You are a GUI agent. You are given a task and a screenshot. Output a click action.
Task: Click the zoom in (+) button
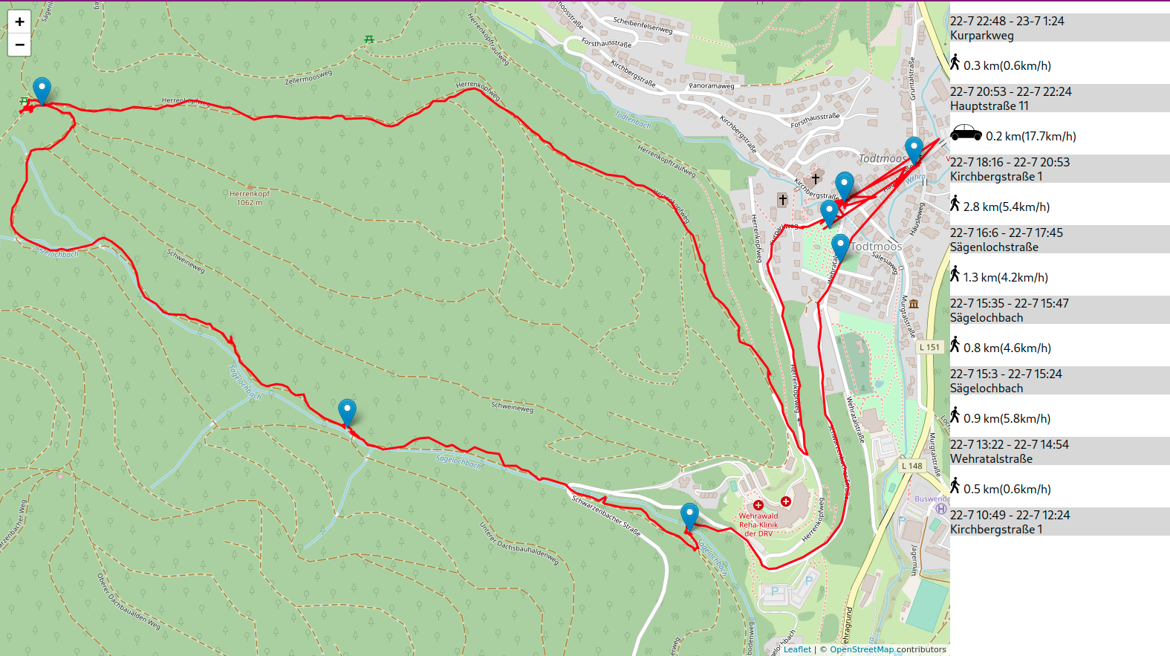coord(19,22)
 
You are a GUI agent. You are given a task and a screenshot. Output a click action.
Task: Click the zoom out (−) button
coord(19,45)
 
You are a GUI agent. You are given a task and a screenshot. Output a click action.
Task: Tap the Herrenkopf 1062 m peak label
coord(249,198)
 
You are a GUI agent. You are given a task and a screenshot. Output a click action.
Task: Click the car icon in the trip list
coord(966,133)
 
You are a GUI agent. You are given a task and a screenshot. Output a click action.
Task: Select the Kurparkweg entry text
coord(981,36)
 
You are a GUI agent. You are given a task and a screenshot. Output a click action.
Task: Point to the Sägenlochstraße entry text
coord(994,247)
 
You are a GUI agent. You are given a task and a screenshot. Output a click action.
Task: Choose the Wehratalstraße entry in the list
coord(991,459)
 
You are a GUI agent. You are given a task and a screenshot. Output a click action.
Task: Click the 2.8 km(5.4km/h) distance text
coord(1006,207)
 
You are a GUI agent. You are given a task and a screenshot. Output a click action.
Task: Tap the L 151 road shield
coord(929,347)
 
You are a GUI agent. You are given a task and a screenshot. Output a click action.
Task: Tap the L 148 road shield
coord(911,466)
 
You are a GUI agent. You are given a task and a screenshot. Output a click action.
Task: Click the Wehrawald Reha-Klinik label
coord(758,525)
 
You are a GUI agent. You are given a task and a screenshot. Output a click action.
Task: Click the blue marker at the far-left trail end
coord(42,90)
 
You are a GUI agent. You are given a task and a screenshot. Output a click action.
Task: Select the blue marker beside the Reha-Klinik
coord(689,516)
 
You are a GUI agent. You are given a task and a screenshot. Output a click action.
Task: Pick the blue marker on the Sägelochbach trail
coord(347,412)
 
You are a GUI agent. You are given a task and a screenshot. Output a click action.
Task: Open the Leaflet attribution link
coord(797,649)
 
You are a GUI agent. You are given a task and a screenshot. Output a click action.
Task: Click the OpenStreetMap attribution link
coord(862,649)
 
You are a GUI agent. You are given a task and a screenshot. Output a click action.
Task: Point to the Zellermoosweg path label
coord(308,77)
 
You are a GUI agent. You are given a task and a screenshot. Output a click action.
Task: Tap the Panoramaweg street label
coord(711,86)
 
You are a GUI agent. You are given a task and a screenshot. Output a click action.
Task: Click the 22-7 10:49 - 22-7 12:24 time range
coord(1010,515)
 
